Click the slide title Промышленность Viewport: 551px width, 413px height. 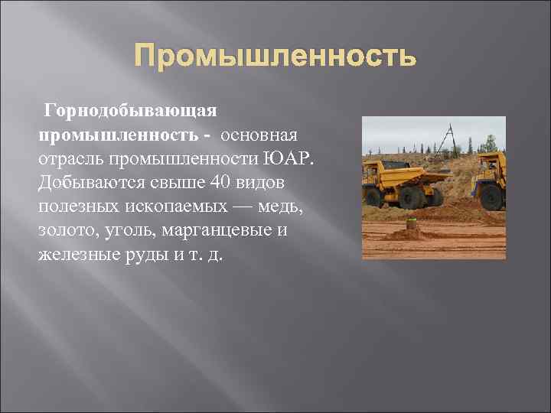275,56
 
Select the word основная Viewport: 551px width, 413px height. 264,135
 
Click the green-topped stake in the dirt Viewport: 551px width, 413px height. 412,223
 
